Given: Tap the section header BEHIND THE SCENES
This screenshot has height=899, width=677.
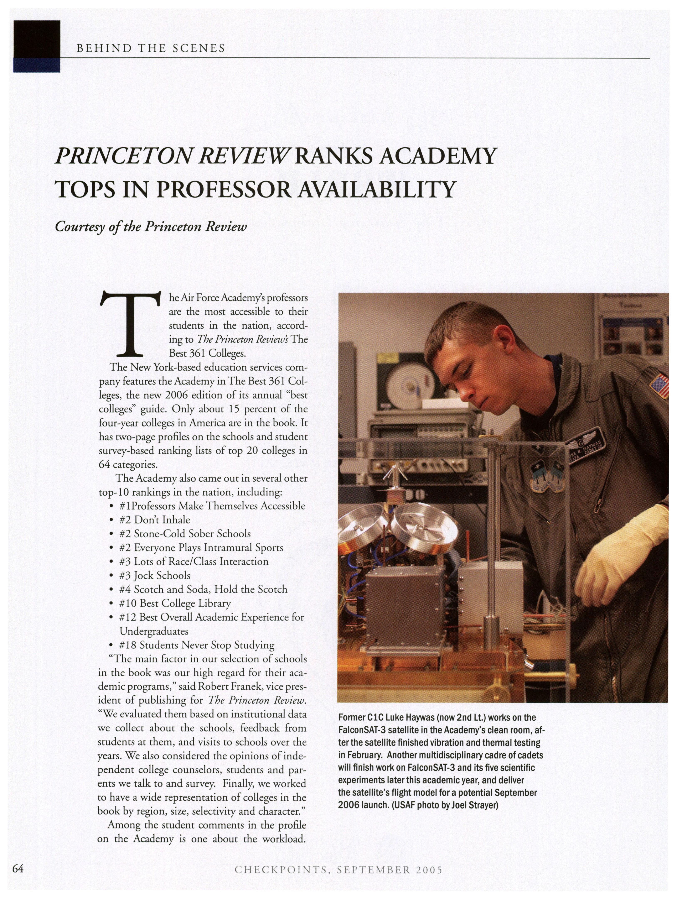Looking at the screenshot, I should (150, 48).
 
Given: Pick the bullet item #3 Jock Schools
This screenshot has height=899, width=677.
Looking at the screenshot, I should (155, 575).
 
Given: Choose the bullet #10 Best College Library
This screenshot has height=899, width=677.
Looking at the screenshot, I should (175, 603).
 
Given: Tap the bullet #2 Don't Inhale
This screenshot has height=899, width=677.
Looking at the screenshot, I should (155, 520).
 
